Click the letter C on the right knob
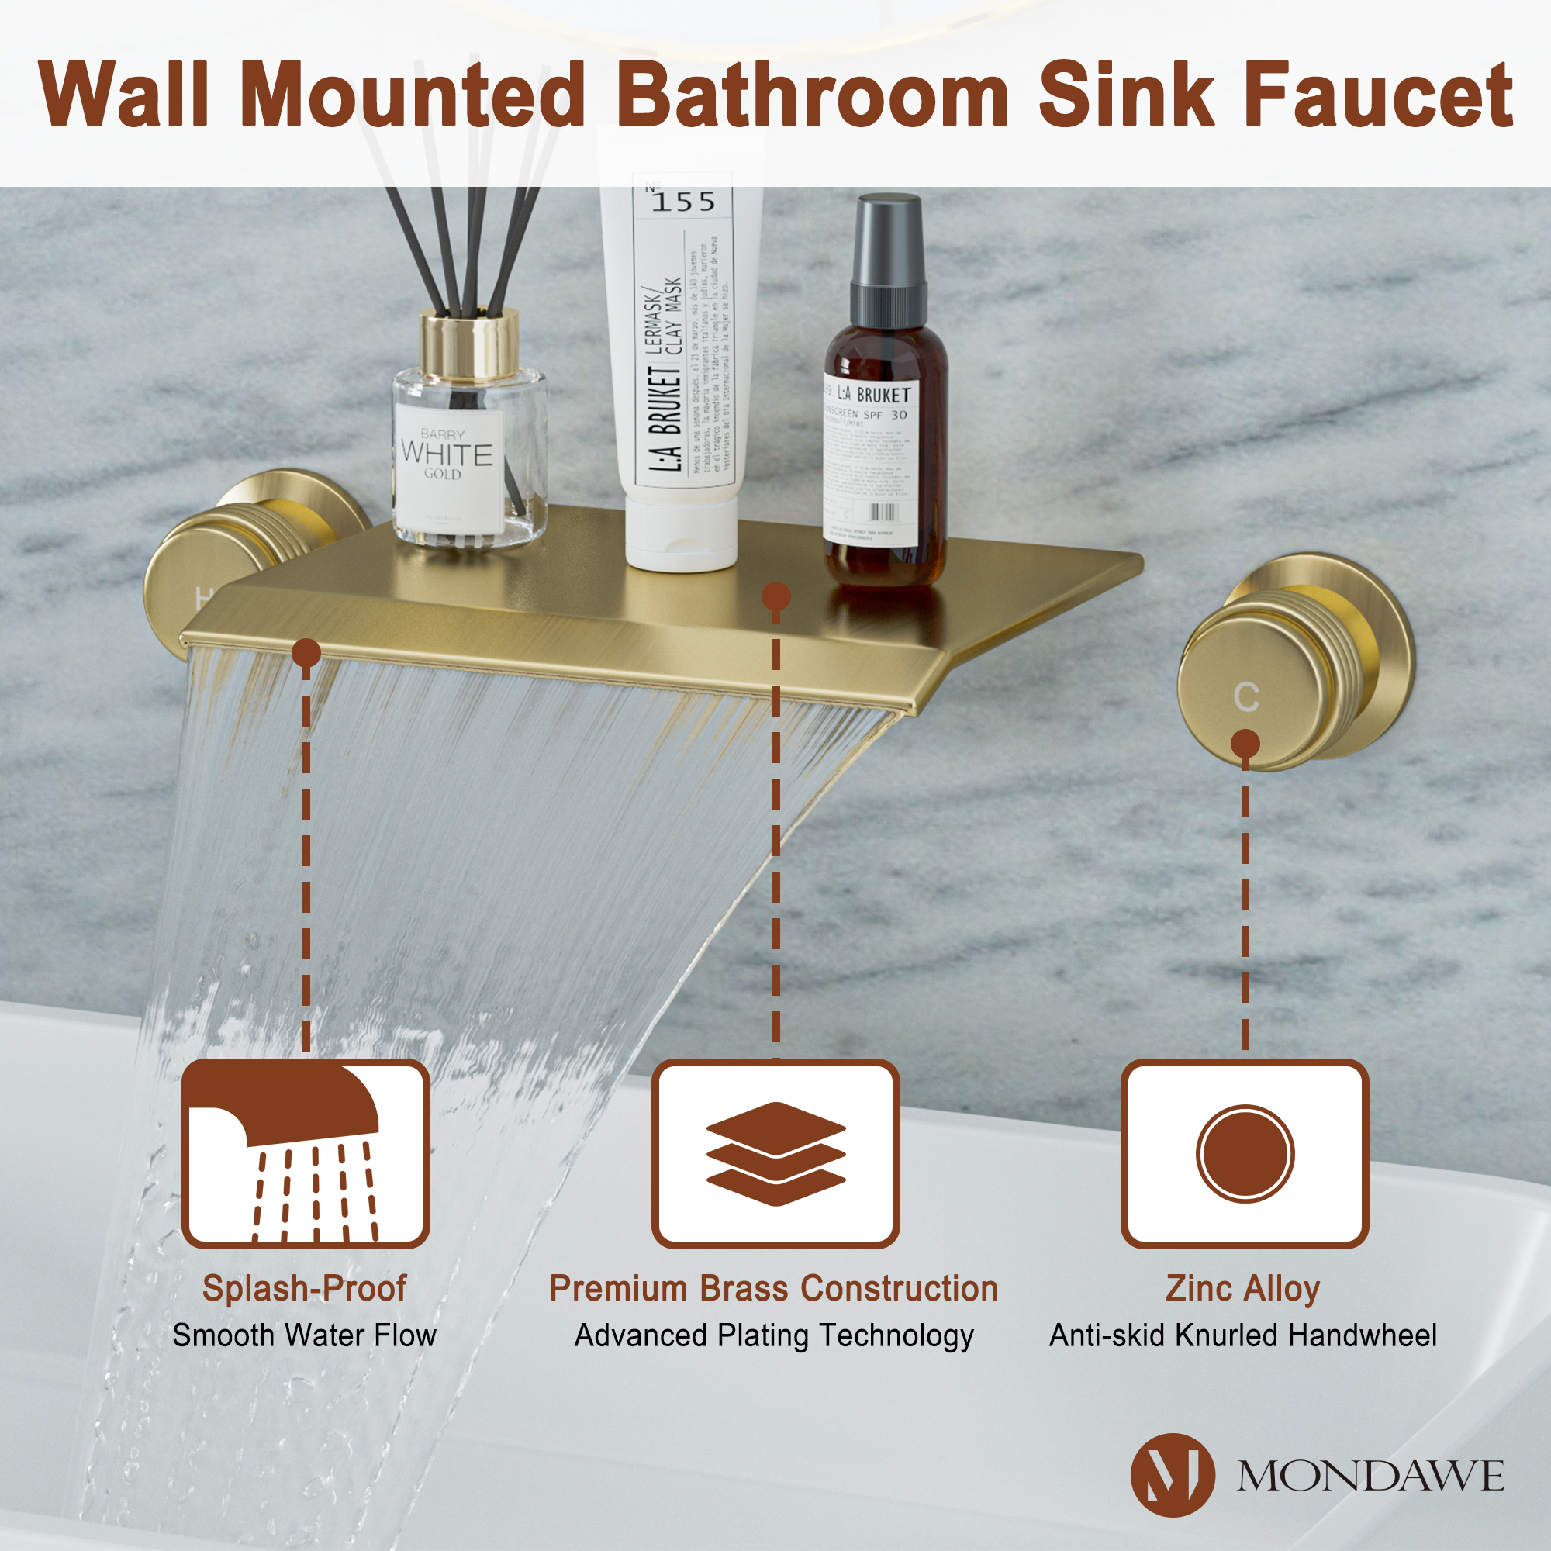coord(1245,697)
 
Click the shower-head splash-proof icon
coord(305,1154)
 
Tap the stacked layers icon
coord(775,1154)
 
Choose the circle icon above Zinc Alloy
coord(1245,1154)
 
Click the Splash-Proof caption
coord(304,1288)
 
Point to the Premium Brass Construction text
coord(774,1288)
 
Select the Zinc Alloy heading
coord(1242,1288)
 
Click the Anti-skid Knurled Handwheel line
coord(1242,1336)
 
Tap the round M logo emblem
coord(1172,1475)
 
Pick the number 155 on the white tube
coord(683,202)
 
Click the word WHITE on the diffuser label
coord(447,454)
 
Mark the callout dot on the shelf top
coord(775,596)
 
